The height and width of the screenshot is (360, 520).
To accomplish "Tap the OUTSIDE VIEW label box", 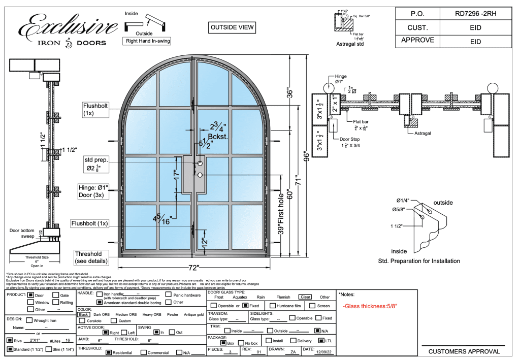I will point(232,27).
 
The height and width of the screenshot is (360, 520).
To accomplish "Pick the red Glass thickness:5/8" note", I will point(370,306).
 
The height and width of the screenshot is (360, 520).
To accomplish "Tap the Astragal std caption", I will point(350,44).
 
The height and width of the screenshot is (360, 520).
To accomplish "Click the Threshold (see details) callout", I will point(88,257).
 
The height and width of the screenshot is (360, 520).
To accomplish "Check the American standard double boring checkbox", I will point(100,302).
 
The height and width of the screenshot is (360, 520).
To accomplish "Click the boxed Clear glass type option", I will point(305,297).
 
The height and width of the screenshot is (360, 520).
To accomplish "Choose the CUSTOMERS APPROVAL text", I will point(464,351).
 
